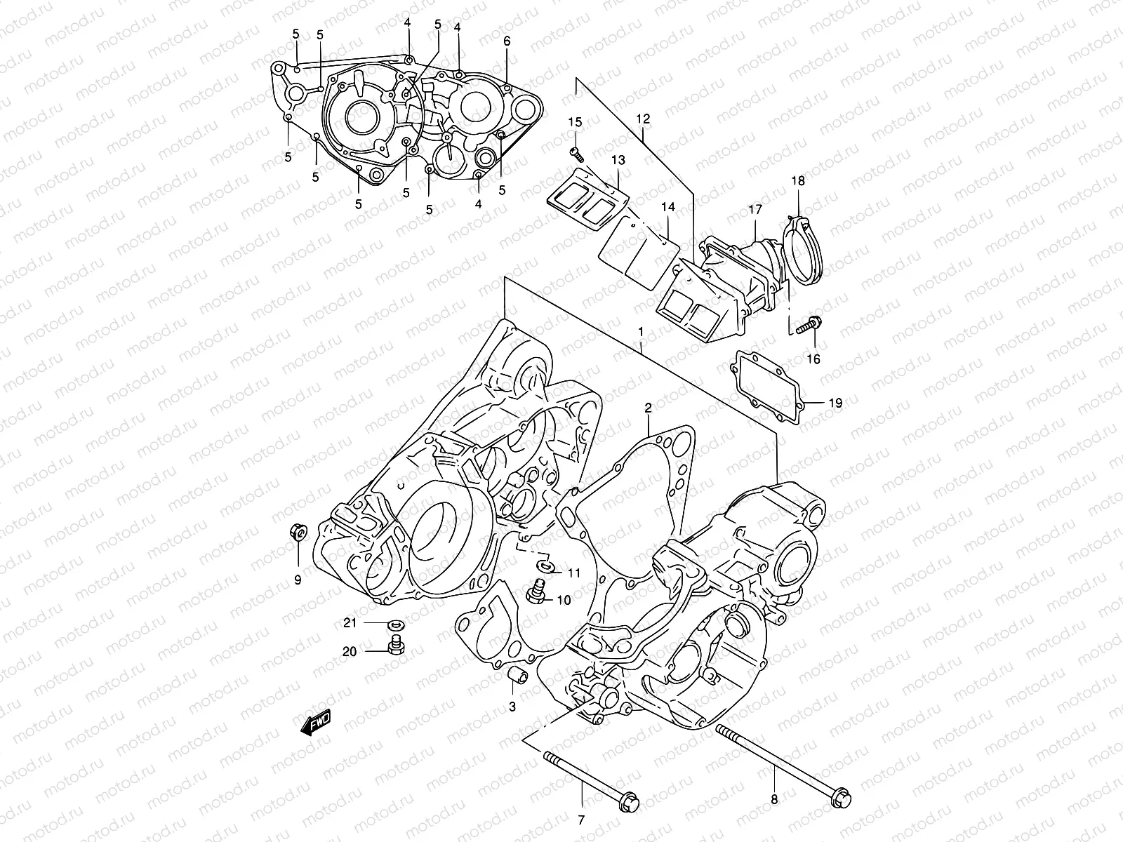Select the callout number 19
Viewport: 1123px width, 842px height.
point(835,403)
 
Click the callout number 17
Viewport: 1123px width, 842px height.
point(755,209)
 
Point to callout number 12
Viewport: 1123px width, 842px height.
point(644,120)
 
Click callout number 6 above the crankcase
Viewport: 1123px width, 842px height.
point(507,41)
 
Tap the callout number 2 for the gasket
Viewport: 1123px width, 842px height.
point(649,408)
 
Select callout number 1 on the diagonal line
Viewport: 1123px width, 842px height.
point(640,330)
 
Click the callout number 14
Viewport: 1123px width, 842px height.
point(667,208)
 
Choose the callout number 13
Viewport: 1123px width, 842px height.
point(617,161)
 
